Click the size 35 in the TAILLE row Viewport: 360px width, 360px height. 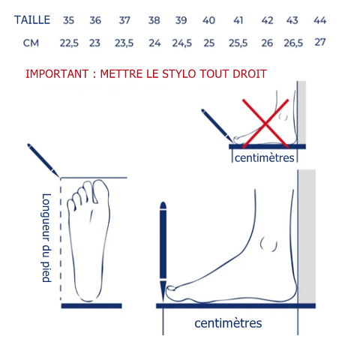68,20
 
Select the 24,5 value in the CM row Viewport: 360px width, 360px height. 181,43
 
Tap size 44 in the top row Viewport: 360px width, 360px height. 320,20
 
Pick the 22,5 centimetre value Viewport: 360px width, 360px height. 69,43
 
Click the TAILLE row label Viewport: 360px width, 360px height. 32,20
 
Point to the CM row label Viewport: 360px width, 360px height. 31,43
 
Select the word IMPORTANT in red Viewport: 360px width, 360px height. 57,74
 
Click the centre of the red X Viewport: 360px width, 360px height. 265,123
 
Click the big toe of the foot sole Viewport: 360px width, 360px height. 100,191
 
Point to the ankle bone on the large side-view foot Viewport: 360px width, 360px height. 268,244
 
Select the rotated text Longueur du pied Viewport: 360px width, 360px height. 46,238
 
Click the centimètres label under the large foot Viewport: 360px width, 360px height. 228,323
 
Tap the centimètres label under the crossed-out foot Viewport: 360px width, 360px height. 265,157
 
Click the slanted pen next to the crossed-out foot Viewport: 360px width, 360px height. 217,126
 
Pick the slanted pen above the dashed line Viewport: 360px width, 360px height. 43,160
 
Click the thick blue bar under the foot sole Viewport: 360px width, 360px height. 91,306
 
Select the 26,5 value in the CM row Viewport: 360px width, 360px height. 293,43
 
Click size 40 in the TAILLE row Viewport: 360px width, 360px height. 208,20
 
